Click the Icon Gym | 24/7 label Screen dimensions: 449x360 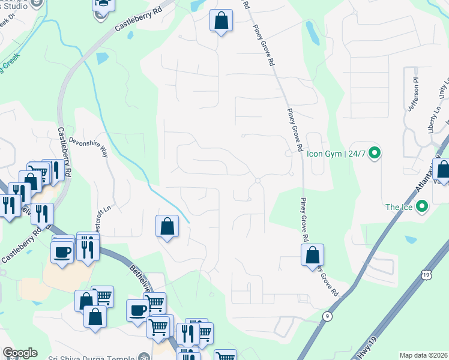pyautogui.click(x=336, y=153)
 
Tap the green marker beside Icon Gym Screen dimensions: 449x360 pyautogui.click(x=375, y=153)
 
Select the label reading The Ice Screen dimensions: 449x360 pyautogui.click(x=399, y=207)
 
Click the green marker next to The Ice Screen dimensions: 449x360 pyautogui.click(x=422, y=207)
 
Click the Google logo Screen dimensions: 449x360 pyautogui.click(x=20, y=353)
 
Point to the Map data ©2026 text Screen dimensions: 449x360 pyautogui.click(x=424, y=355)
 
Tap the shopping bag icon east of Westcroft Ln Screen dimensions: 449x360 pyautogui.click(x=167, y=227)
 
